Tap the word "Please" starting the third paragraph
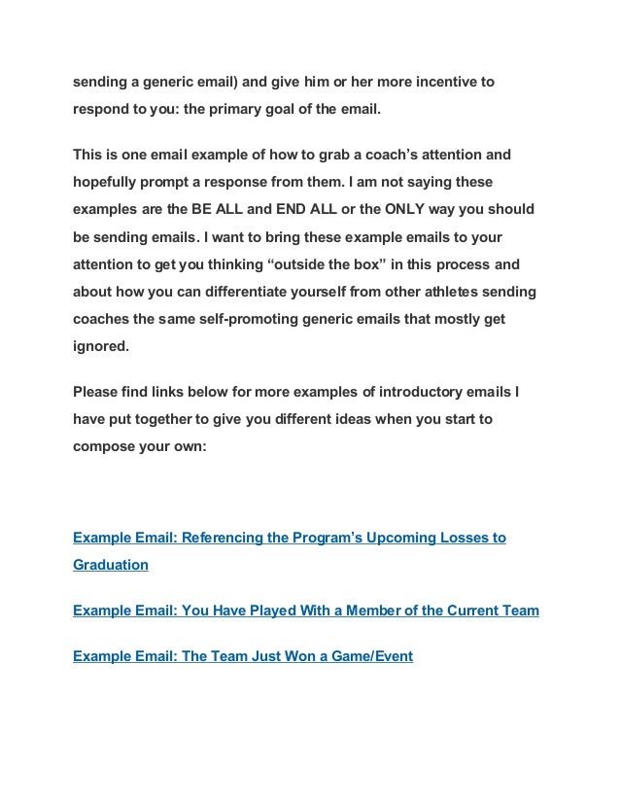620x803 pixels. pyautogui.click(x=96, y=393)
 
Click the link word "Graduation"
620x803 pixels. pyautogui.click(x=111, y=565)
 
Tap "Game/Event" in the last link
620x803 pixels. pyautogui.click(x=374, y=656)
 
